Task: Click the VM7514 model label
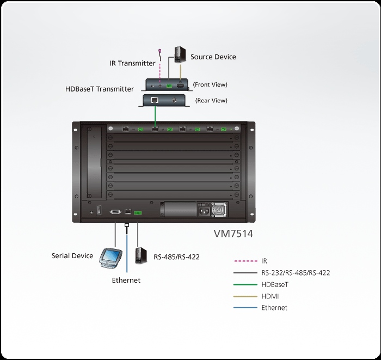tap(232, 234)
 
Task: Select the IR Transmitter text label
tap(133, 63)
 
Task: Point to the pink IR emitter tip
tap(160, 52)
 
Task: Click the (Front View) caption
tap(210, 84)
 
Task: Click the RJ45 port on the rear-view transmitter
tap(155, 100)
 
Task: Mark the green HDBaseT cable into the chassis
tap(155, 115)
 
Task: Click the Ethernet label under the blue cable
tap(126, 280)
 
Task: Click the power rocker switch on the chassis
tap(99, 210)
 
